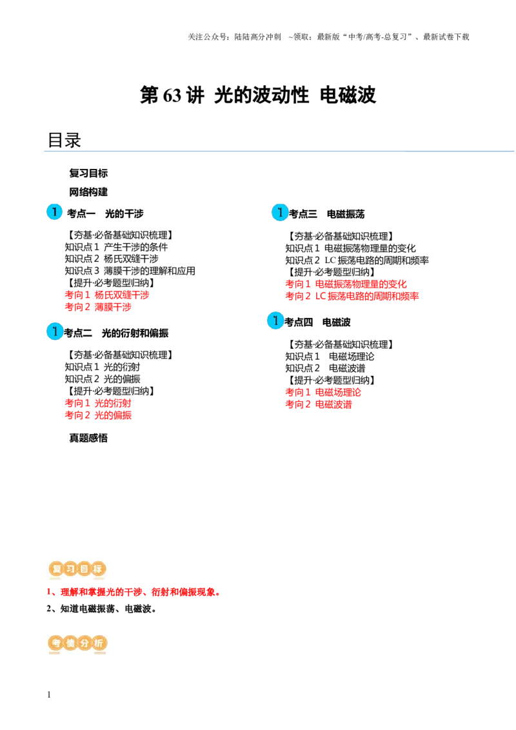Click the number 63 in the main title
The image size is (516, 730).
click(x=172, y=95)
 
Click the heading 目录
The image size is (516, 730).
click(x=64, y=140)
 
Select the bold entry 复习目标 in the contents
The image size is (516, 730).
click(x=88, y=173)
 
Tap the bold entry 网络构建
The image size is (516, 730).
click(x=88, y=192)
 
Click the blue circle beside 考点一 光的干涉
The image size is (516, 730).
click(x=54, y=212)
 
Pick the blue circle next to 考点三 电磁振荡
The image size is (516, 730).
click(x=280, y=212)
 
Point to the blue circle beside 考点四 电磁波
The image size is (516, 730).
click(x=275, y=321)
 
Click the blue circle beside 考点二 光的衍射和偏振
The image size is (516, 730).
click(x=54, y=331)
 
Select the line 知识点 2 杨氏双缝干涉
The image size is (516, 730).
click(x=112, y=259)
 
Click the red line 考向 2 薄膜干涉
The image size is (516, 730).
click(x=98, y=307)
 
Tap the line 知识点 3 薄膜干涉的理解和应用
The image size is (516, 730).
click(x=130, y=271)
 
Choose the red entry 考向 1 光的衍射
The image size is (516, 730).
click(x=98, y=403)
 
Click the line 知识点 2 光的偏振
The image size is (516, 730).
click(x=103, y=379)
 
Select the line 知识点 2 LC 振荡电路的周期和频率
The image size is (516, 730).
click(x=357, y=261)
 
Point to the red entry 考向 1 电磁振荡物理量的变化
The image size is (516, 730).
click(x=346, y=284)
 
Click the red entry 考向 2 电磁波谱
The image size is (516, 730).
click(x=319, y=404)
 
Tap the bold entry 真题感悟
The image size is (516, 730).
click(x=88, y=438)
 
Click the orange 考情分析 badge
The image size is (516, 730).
click(x=78, y=644)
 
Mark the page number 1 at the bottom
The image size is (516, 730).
click(x=49, y=695)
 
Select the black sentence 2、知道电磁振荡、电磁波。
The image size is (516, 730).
click(x=101, y=609)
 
